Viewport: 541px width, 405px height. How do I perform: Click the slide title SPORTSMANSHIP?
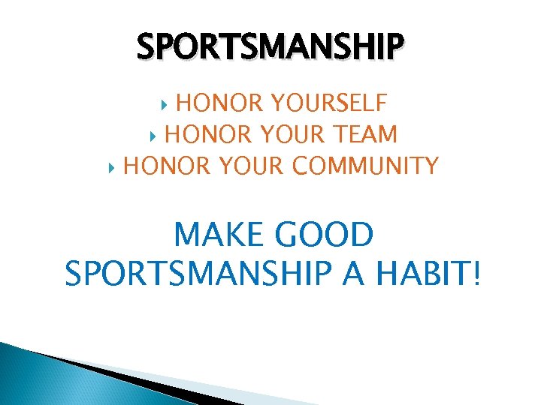[x=270, y=46]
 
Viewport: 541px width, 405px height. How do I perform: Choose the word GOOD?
[x=325, y=236]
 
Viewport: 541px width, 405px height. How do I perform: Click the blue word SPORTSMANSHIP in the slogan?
[x=198, y=273]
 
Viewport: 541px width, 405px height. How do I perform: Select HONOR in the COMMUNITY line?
[x=159, y=166]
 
